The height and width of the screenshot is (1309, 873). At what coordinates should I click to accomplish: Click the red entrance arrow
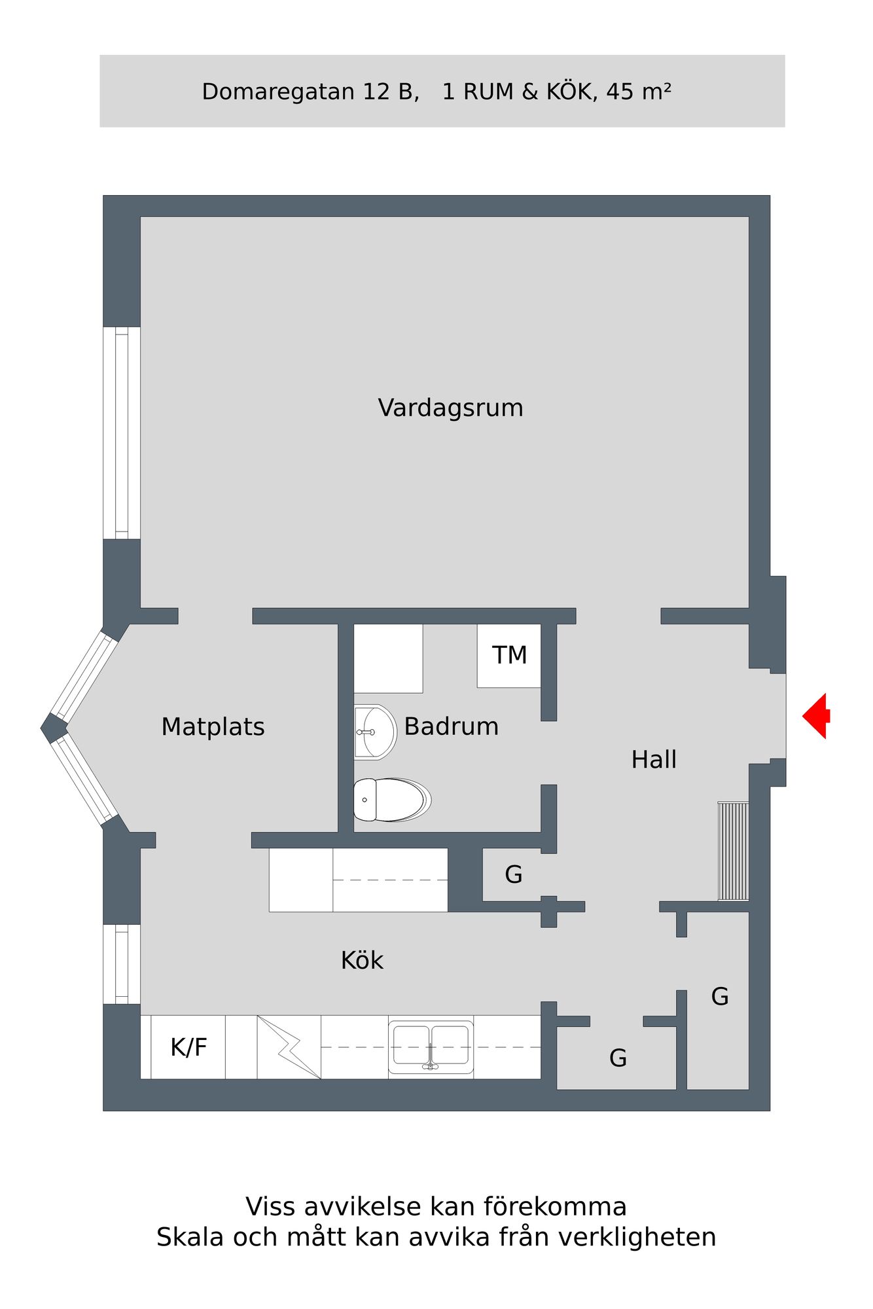tap(815, 716)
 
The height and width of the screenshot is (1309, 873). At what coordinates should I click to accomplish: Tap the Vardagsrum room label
tap(450, 408)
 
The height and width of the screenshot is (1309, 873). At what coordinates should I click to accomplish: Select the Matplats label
tap(213, 726)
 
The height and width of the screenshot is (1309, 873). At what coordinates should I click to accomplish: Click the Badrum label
tap(451, 726)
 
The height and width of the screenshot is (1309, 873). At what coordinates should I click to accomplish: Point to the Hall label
tap(654, 759)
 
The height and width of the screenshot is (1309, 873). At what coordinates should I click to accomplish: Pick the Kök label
tap(362, 959)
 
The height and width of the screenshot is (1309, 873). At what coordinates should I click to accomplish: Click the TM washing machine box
tap(509, 655)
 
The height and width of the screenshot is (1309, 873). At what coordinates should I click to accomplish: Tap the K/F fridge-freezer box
tap(188, 1047)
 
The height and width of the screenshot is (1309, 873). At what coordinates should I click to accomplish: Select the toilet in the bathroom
tap(392, 799)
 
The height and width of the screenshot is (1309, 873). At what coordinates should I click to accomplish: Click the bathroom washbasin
tap(375, 732)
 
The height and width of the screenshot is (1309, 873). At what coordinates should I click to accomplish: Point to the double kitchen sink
tap(431, 1047)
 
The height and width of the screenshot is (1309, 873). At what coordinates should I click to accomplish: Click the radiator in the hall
tap(733, 851)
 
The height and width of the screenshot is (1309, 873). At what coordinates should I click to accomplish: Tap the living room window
tap(122, 433)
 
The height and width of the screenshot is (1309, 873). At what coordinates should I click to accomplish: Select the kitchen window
tap(122, 963)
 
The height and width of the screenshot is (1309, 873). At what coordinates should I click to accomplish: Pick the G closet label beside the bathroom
tap(514, 874)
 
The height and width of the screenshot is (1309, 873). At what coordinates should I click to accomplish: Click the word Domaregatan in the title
tap(278, 92)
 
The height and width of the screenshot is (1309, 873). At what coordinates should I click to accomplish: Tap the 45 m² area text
tap(638, 91)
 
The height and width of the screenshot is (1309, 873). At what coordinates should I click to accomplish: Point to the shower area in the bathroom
tap(388, 658)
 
